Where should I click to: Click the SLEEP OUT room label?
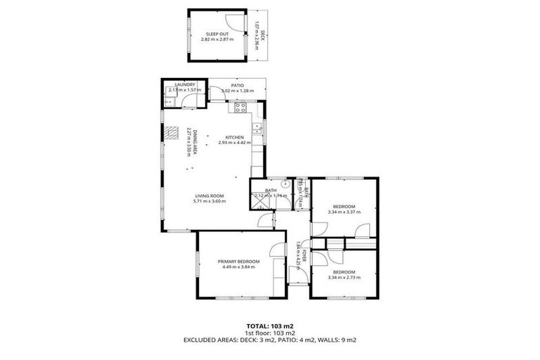pos(217,34)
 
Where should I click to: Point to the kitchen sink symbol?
pos(258,128)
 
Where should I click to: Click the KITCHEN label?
pos(234,137)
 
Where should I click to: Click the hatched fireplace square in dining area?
pos(171,133)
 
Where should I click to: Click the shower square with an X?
pos(259,203)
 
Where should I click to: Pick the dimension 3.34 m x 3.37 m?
pos(344,211)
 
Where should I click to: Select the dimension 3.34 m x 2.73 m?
pos(344,278)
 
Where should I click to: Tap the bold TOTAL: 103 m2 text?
pos(270,326)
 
